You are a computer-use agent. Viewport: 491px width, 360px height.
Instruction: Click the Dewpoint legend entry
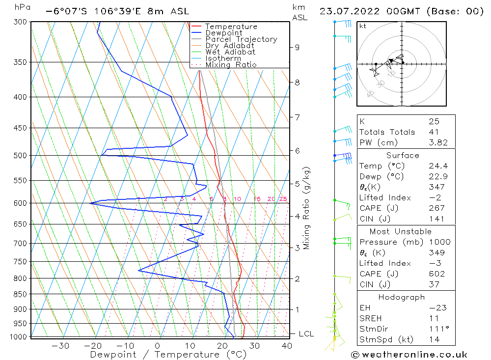[223, 33]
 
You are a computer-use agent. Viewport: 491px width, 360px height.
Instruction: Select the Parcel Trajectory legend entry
[241, 39]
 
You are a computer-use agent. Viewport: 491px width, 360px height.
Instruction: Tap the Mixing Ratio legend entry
[231, 65]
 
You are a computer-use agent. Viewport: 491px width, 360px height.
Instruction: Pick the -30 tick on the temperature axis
[60, 346]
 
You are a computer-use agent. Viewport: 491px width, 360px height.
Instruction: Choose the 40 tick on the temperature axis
[287, 346]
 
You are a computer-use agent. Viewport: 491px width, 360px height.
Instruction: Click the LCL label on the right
[306, 334]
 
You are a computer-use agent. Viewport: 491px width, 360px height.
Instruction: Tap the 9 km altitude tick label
[297, 48]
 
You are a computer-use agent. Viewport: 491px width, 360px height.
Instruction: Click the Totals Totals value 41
[434, 132]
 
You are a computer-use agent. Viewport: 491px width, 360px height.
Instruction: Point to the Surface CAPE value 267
[436, 208]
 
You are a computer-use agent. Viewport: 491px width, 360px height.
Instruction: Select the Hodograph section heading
[402, 297]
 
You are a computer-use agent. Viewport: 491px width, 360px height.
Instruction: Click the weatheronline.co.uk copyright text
[409, 355]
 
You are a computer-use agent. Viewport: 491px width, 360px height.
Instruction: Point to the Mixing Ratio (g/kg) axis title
[307, 208]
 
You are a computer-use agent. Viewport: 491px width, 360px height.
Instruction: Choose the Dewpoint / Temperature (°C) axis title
[168, 355]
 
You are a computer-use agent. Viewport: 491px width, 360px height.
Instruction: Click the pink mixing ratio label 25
[283, 199]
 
